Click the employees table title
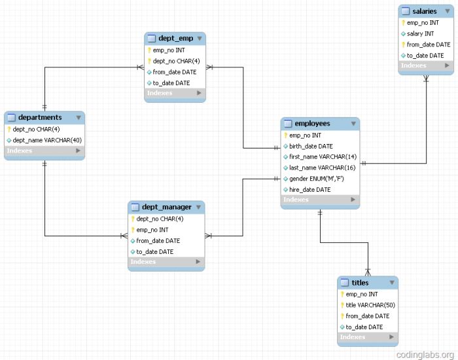coord(312,124)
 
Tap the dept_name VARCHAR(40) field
coord(47,140)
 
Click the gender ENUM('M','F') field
coord(316,179)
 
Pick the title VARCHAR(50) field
coord(370,305)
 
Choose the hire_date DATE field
coord(309,190)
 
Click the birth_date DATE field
coord(311,146)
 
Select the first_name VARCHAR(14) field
coord(323,157)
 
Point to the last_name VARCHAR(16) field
coord(323,168)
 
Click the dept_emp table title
coord(175,39)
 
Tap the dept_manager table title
coord(163,207)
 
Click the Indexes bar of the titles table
coord(367,337)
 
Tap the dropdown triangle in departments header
coord(79,118)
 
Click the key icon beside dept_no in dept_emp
coord(149,61)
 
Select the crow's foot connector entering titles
coord(368,271)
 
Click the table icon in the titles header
coord(344,283)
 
